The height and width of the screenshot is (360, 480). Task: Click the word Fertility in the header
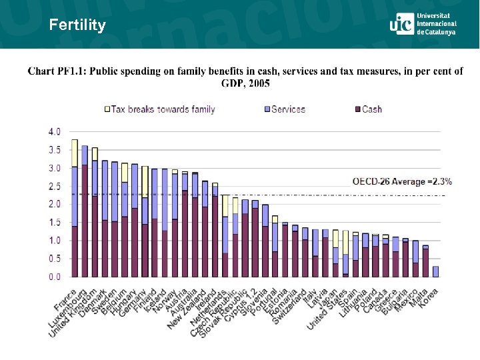click(77, 25)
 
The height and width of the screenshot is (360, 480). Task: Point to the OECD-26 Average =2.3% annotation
click(402, 181)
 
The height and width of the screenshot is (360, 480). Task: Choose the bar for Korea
click(436, 271)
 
